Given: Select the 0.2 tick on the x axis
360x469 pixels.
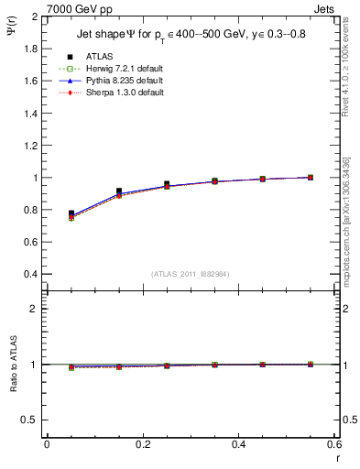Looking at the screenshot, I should coord(142,444).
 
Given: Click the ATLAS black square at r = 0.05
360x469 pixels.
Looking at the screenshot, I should coord(71,213).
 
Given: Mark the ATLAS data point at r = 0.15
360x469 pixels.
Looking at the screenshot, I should coord(119,191).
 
